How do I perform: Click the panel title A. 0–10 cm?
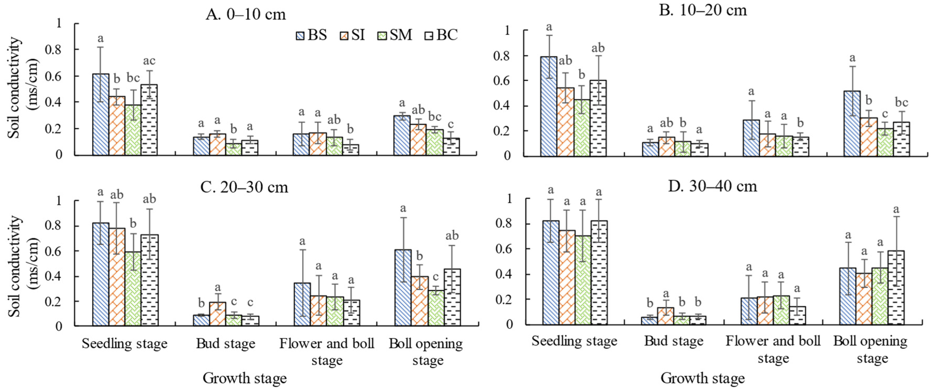[x=246, y=14]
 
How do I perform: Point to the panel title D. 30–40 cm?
[x=712, y=186]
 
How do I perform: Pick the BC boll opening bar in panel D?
[x=896, y=288]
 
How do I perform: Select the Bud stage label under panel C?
[x=226, y=344]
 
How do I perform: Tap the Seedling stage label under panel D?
[x=574, y=341]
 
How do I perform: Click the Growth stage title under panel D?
[x=702, y=378]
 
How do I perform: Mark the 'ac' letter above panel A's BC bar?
[x=149, y=61]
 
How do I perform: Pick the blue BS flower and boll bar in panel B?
[x=751, y=138]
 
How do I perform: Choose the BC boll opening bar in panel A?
[x=451, y=146]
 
